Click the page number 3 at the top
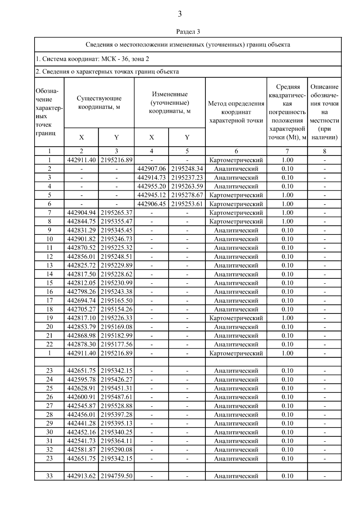coord(180,14)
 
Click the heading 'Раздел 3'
coord(188,31)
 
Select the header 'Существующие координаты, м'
coord(99,103)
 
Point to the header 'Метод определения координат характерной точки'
coord(236,112)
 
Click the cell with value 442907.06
coord(151,169)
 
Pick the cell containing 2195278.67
coord(187,195)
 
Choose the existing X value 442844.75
coord(81,222)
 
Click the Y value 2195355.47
coord(116,222)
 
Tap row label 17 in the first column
coord(49,300)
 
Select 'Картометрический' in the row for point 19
coord(236,318)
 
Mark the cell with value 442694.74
coord(81,300)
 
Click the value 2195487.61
coord(116,397)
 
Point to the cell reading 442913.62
coord(81,476)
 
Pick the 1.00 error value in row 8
coord(287,222)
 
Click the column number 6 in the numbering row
coord(236,151)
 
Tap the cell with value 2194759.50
coord(116,476)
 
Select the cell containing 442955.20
coord(151,186)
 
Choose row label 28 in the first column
coord(49,415)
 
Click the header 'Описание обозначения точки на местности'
coord(324,112)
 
